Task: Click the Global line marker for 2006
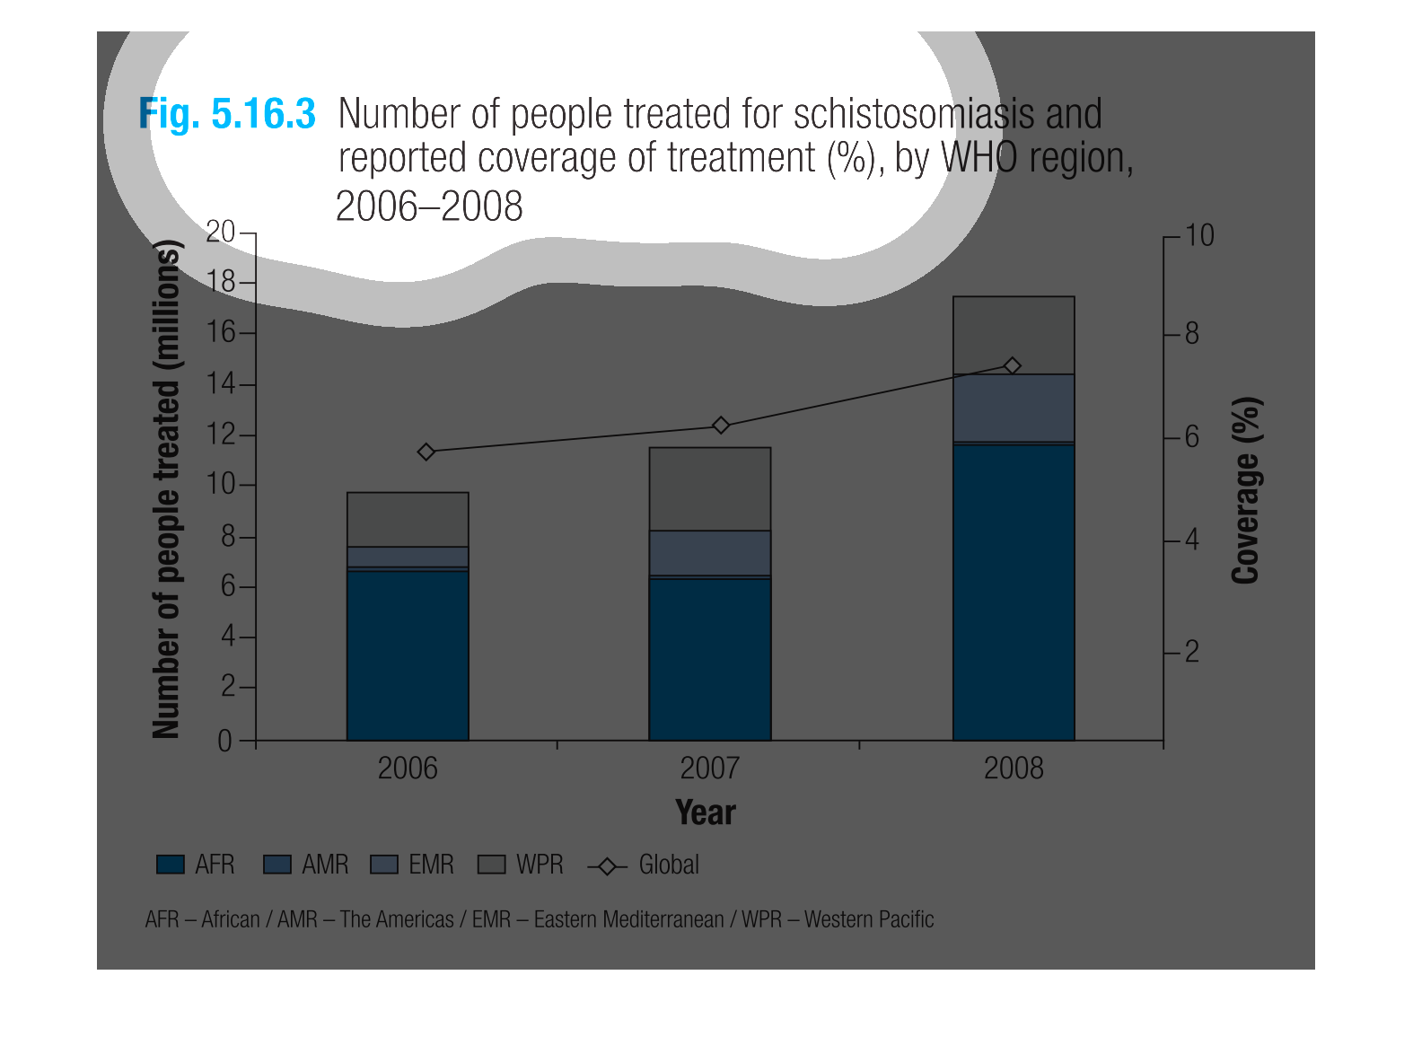[x=426, y=452]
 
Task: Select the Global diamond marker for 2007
[x=720, y=425]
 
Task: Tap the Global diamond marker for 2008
[x=1013, y=365]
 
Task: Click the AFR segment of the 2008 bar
[x=1014, y=593]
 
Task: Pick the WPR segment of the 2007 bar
[x=710, y=488]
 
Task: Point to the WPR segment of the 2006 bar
[x=408, y=519]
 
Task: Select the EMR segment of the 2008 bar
[x=1014, y=408]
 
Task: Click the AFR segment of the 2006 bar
[x=408, y=655]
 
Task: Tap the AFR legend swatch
[x=171, y=865]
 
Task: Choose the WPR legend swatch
[x=492, y=865]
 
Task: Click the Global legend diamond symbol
[x=608, y=866]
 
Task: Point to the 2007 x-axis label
[x=709, y=769]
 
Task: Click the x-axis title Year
[x=706, y=812]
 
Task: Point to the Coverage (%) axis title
[x=1246, y=490]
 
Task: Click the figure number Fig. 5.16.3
[x=227, y=115]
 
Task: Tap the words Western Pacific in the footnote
[x=869, y=919]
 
